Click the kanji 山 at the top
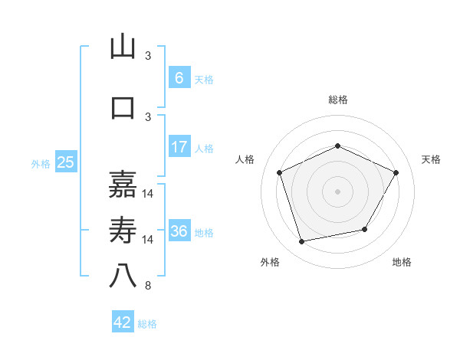(123, 47)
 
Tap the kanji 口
(123, 107)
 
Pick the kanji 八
(123, 277)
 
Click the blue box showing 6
(179, 77)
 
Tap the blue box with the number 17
(179, 147)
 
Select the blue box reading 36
(179, 231)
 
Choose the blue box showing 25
(65, 162)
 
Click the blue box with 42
(123, 322)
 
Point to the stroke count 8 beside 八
(148, 286)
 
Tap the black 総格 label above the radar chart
(337, 100)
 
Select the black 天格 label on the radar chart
(431, 159)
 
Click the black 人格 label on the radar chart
(245, 159)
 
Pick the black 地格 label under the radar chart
(402, 262)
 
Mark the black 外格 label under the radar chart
(270, 262)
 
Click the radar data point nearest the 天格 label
(396, 172)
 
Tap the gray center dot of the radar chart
(337, 191)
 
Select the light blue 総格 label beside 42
(147, 324)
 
